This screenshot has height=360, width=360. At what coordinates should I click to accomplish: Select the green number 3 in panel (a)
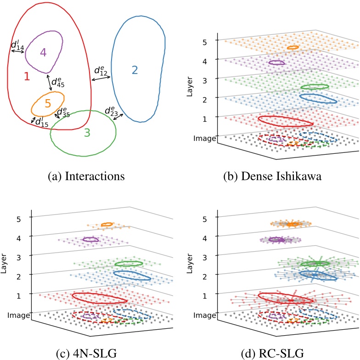point(88,133)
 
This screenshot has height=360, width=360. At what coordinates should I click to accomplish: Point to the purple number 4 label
point(43,52)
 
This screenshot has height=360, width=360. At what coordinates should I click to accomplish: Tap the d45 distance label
point(58,82)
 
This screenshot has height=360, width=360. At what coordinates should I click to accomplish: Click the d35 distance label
point(63,113)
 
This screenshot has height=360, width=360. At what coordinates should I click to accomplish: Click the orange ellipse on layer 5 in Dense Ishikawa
point(293,47)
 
